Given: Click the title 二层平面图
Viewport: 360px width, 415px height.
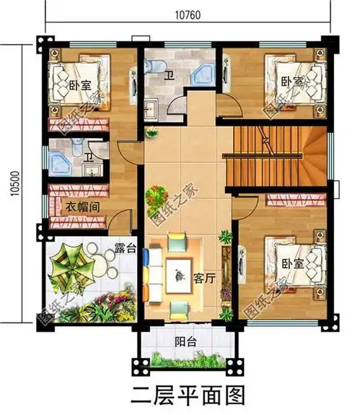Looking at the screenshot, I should (x=185, y=396).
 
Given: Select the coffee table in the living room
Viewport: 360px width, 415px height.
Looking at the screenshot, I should (x=175, y=273).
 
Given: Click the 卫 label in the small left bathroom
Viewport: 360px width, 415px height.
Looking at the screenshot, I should (x=89, y=157).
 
